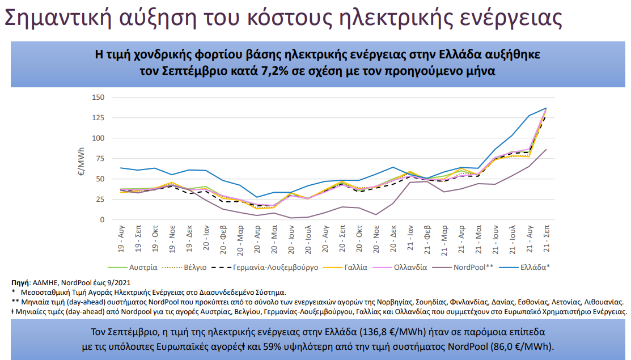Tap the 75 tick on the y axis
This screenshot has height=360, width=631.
coord(100,159)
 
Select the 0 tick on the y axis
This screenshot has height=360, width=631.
coord(102,220)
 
